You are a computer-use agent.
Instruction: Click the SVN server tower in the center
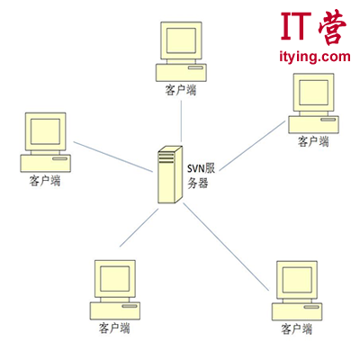point(170,175)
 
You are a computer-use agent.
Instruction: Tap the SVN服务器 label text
point(201,175)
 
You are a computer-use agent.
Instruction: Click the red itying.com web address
point(315,57)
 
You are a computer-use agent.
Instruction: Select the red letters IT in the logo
point(296,26)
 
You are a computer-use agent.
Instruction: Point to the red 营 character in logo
point(332,27)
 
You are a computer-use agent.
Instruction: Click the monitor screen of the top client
point(181,40)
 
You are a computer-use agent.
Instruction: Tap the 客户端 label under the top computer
point(181,90)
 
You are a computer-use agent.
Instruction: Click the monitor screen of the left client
point(45,131)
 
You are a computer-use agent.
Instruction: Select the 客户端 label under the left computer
point(45,181)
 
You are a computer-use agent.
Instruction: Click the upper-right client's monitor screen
point(314,93)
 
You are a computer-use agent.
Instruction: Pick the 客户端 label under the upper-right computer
point(313,141)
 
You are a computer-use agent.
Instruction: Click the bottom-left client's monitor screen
point(115,279)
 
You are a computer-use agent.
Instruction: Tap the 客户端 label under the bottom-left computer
point(114,328)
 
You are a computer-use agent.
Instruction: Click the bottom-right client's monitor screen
point(297,280)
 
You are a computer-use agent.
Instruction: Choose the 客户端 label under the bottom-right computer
point(297,329)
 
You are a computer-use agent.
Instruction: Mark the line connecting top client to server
point(181,121)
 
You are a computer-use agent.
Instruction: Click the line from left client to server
point(113,157)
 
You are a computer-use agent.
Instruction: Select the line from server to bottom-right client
point(226,247)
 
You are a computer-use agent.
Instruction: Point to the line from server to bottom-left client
point(139,228)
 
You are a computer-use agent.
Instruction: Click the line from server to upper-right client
point(252,146)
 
